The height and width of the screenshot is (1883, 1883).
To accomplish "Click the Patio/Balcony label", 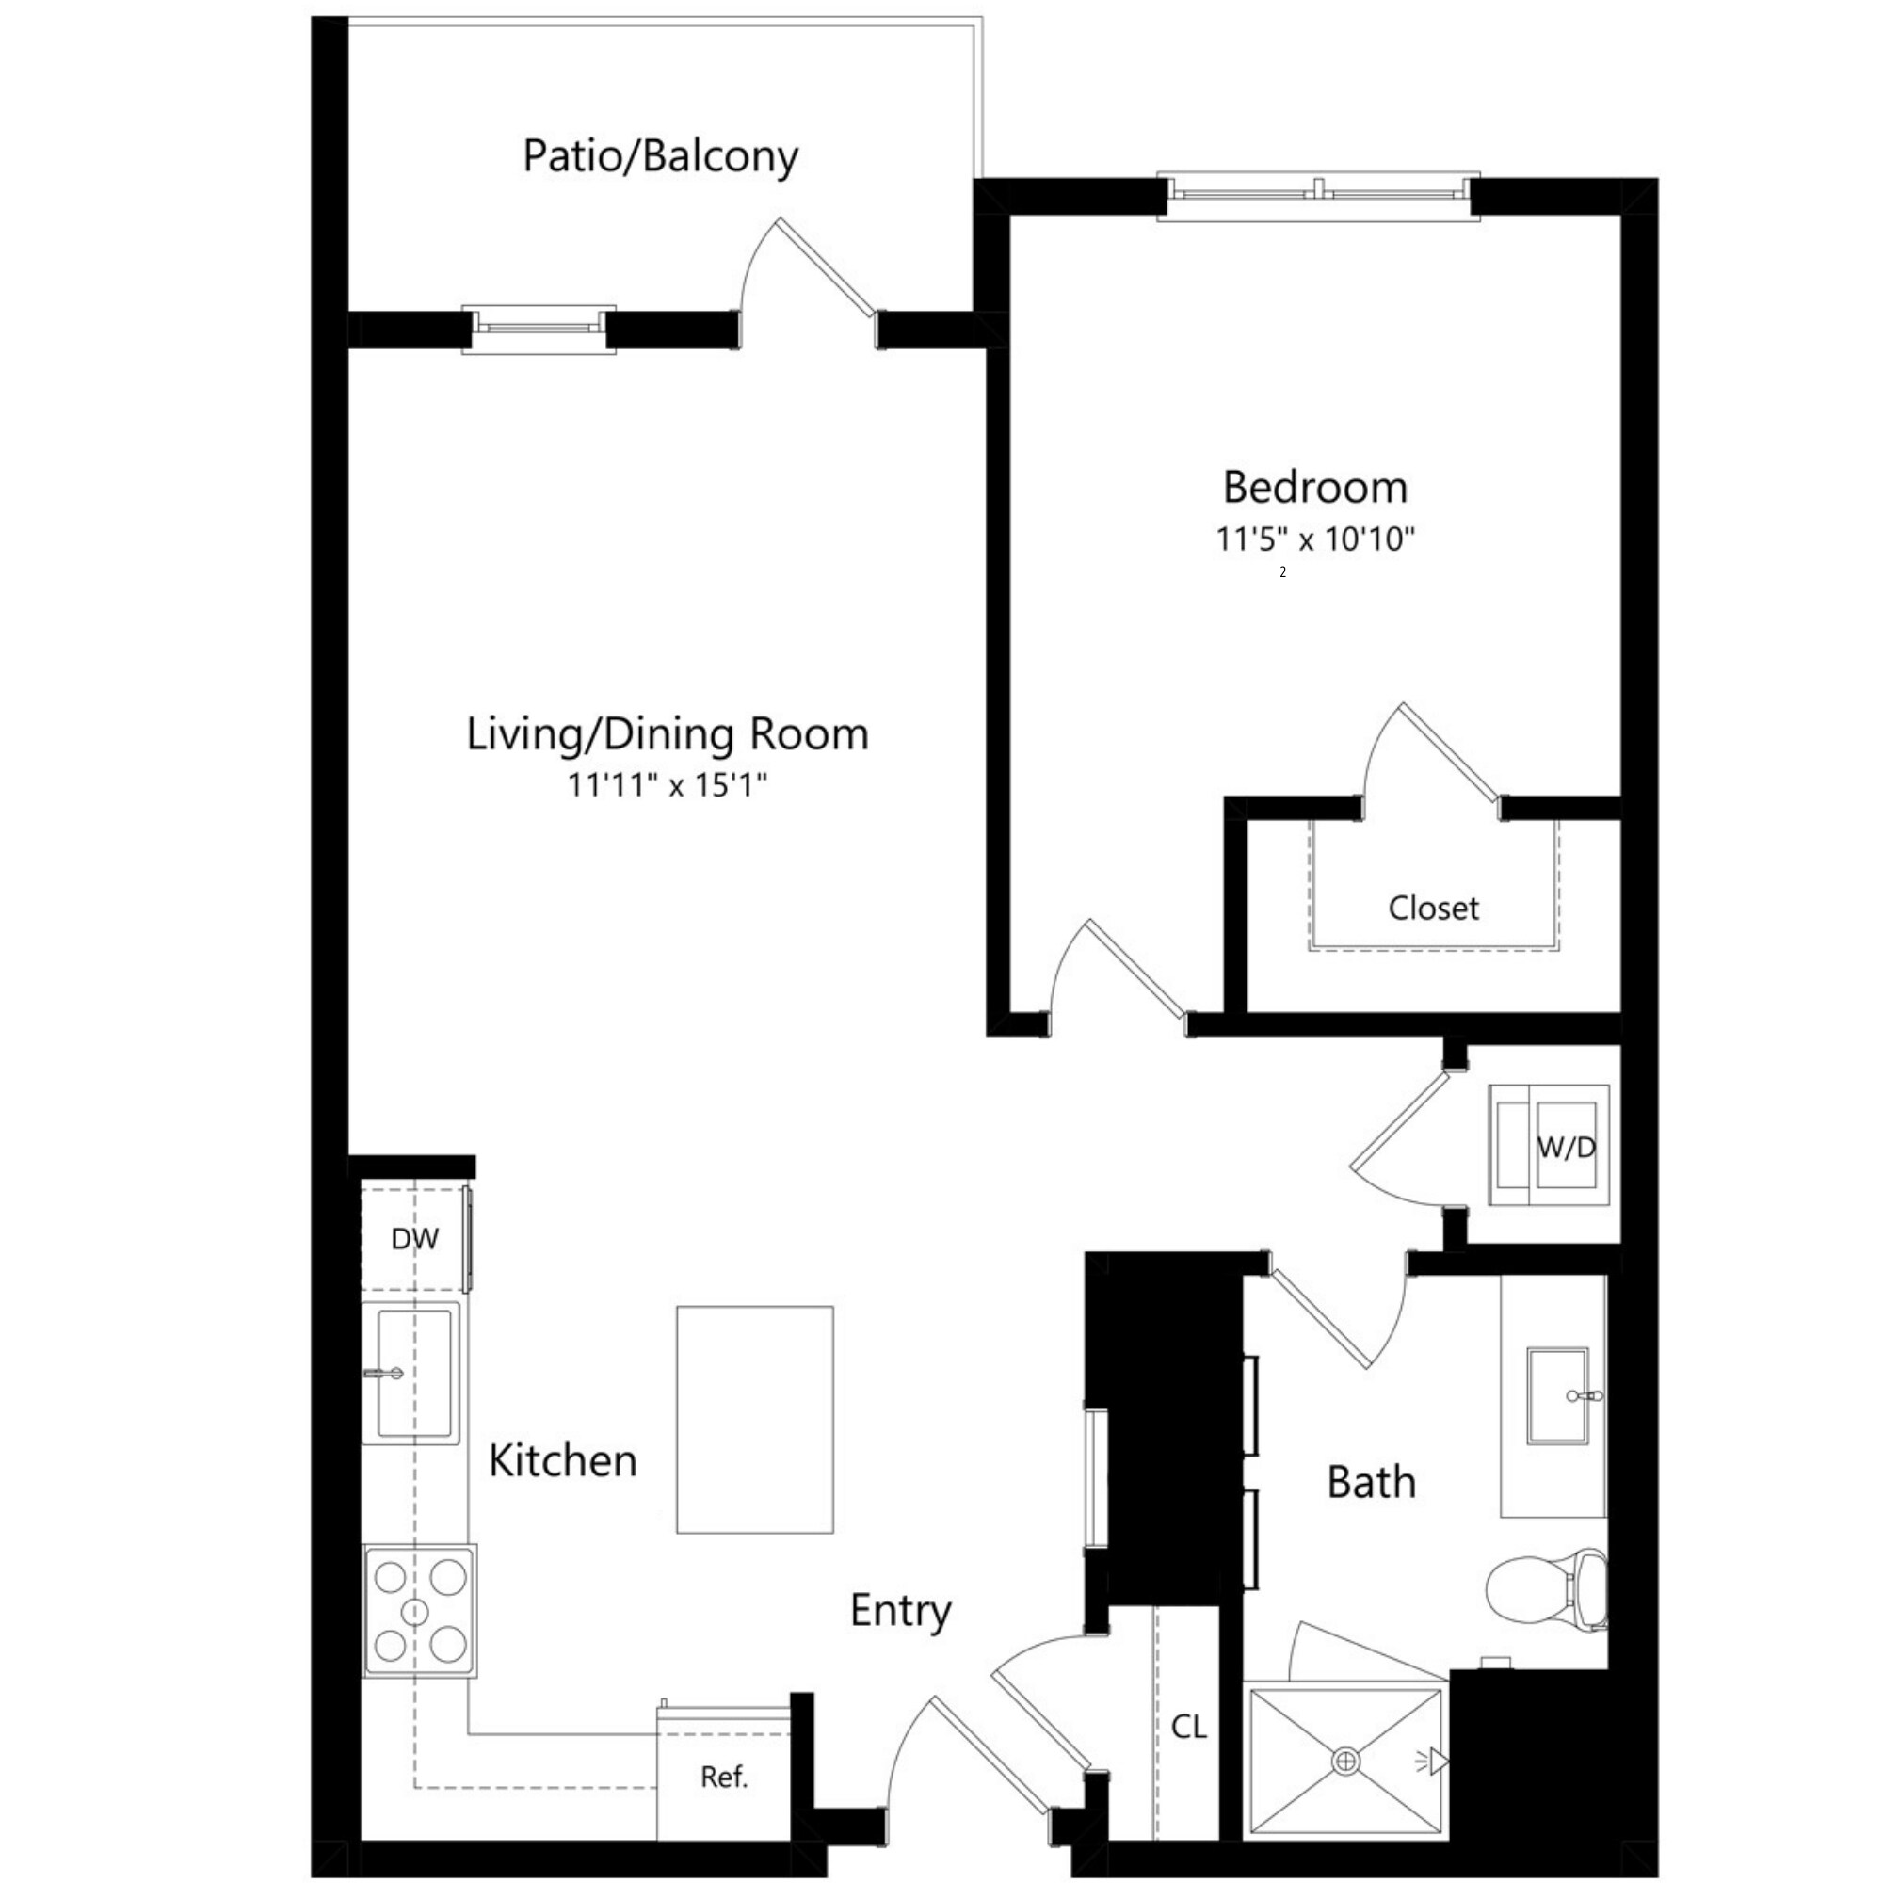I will [660, 156].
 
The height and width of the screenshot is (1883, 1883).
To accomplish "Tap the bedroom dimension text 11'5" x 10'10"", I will [1313, 539].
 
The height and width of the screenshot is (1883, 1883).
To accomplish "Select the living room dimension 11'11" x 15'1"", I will [668, 784].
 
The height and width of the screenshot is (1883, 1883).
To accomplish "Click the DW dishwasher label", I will [414, 1239].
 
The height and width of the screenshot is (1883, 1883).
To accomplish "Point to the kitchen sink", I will [413, 1375].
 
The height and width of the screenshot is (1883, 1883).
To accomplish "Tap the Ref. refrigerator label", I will [723, 1777].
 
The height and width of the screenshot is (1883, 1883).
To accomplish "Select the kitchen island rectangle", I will [754, 1419].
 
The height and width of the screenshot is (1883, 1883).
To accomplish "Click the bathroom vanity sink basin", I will [1556, 1395].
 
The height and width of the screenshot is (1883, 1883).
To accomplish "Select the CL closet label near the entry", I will [1188, 1727].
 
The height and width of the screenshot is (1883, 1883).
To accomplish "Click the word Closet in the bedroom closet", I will [1433, 909].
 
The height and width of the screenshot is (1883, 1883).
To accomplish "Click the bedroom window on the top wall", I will [1318, 196].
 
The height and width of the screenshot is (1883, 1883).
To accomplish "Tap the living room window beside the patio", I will [538, 329].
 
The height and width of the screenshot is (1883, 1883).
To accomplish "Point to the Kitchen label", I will [562, 1460].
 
